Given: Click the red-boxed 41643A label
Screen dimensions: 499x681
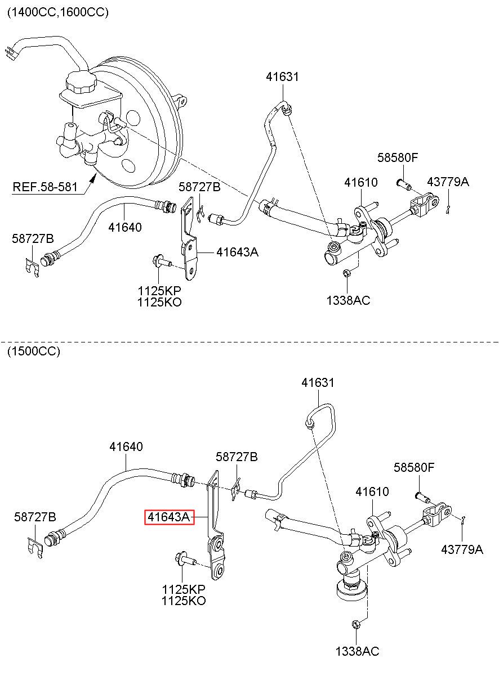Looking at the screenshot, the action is click(x=169, y=517).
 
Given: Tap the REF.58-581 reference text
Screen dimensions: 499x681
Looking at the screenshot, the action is click(x=45, y=187).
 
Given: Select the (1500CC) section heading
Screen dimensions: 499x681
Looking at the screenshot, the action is click(x=34, y=351).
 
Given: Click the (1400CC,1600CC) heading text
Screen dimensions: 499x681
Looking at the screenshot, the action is click(x=58, y=12).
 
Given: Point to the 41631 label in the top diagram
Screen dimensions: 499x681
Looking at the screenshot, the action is click(x=283, y=76).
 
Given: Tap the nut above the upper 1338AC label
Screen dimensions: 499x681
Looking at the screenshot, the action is click(x=346, y=273).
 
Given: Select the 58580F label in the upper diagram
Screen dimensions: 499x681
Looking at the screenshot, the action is click(x=398, y=157).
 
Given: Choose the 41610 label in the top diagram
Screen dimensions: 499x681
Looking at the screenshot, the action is click(x=361, y=182).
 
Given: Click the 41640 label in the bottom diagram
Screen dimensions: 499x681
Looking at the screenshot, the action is click(x=126, y=447).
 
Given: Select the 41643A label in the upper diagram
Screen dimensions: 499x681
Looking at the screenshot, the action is click(x=238, y=252).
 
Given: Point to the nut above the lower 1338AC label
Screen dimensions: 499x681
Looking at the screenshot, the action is click(x=355, y=624).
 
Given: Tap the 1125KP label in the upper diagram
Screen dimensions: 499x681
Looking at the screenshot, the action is click(x=159, y=291).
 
